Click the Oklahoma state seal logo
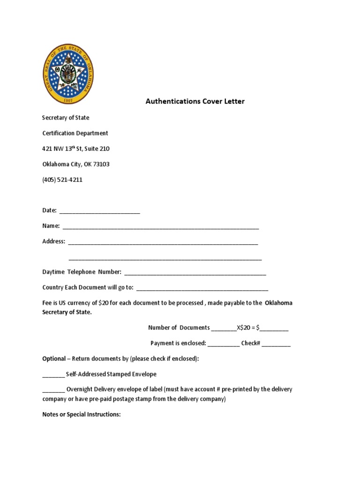pyautogui.click(x=68, y=74)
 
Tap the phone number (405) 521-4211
pyautogui.click(x=62, y=180)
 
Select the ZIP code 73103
pyautogui.click(x=100, y=164)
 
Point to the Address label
pyautogui.click(x=54, y=241)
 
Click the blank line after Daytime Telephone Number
pyautogui.click(x=195, y=273)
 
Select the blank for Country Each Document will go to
pyautogui.click(x=202, y=288)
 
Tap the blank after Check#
pyautogui.click(x=276, y=344)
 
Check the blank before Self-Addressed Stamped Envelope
pyautogui.click(x=53, y=375)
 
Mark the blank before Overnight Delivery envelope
pyautogui.click(x=53, y=390)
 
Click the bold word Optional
pyautogui.click(x=54, y=359)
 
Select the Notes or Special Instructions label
pyautogui.click(x=82, y=414)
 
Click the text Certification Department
pyautogui.click(x=75, y=133)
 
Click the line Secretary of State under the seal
pyautogui.click(x=66, y=118)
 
